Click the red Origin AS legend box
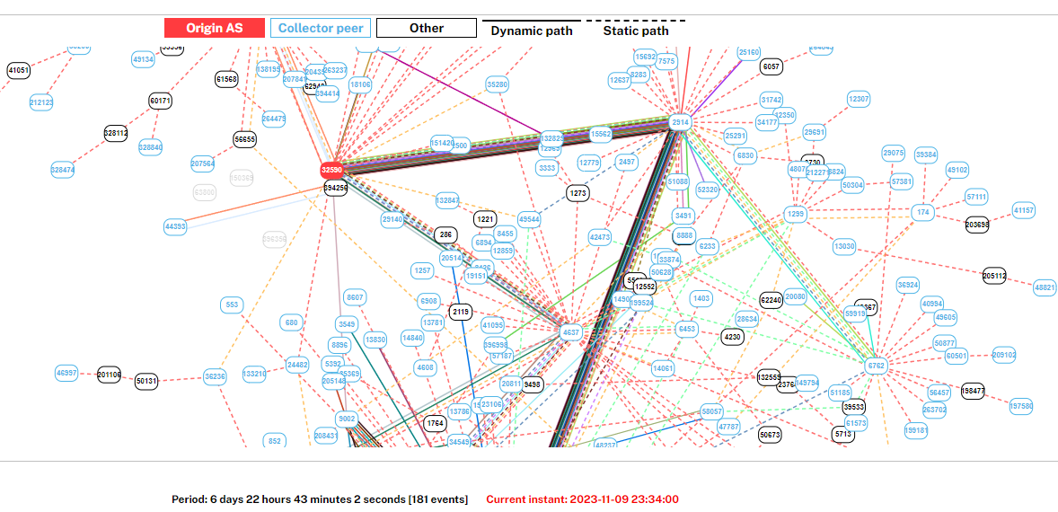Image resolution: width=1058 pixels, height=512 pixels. tap(215, 28)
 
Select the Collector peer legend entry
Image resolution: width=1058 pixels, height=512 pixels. tap(321, 28)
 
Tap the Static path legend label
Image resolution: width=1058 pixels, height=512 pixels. tap(635, 31)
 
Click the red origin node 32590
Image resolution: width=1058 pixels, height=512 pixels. tap(332, 169)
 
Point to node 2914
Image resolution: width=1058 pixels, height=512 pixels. tap(680, 122)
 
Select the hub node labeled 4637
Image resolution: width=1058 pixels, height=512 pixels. tap(570, 332)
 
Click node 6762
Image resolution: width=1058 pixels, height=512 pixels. tap(876, 366)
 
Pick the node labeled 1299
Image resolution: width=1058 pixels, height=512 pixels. tap(796, 215)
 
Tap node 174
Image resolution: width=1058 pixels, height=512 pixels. tap(922, 213)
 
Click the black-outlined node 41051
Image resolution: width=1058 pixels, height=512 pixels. tap(19, 70)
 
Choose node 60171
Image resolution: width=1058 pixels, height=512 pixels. tap(161, 102)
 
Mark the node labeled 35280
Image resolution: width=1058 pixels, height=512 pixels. tap(498, 84)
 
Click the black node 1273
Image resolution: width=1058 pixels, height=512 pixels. tap(577, 192)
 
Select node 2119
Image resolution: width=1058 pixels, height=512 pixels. tap(461, 312)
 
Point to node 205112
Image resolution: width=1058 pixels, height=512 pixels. tap(994, 276)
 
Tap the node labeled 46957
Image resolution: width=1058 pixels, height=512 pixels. tap(66, 372)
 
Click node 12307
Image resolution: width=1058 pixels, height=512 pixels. tap(859, 99)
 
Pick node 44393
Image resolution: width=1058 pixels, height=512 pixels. tap(175, 226)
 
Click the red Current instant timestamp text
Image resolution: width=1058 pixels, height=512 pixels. tap(582, 499)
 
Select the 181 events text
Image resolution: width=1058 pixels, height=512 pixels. tap(439, 499)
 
